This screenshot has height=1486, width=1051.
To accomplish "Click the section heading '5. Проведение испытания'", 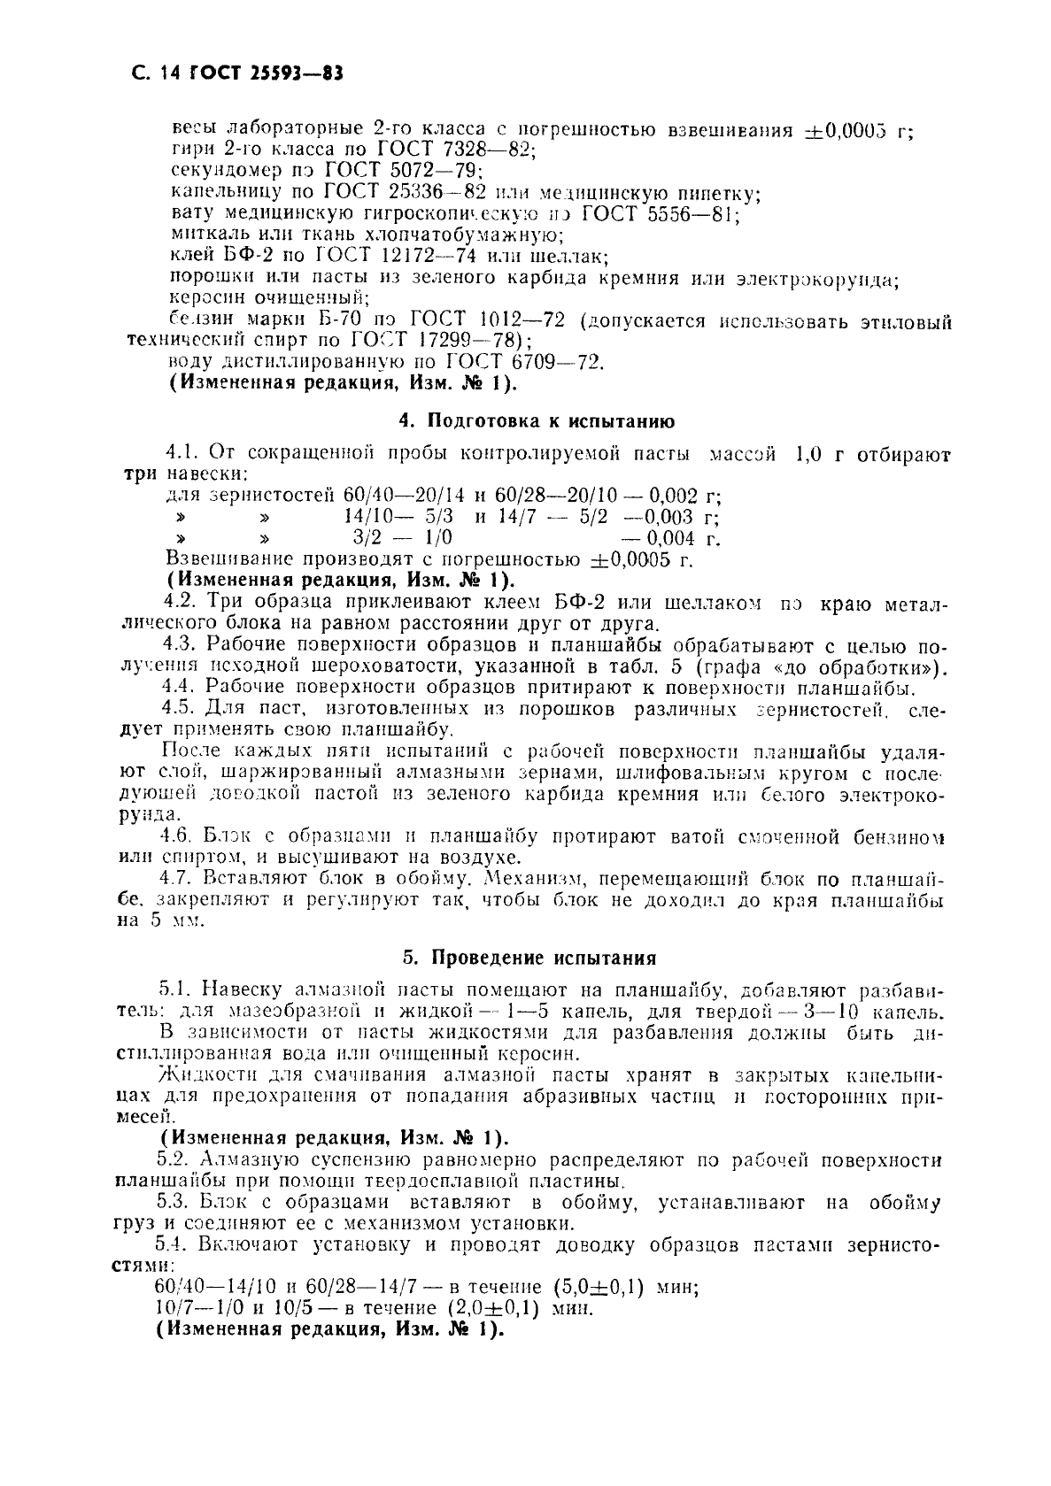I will [529, 958].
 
